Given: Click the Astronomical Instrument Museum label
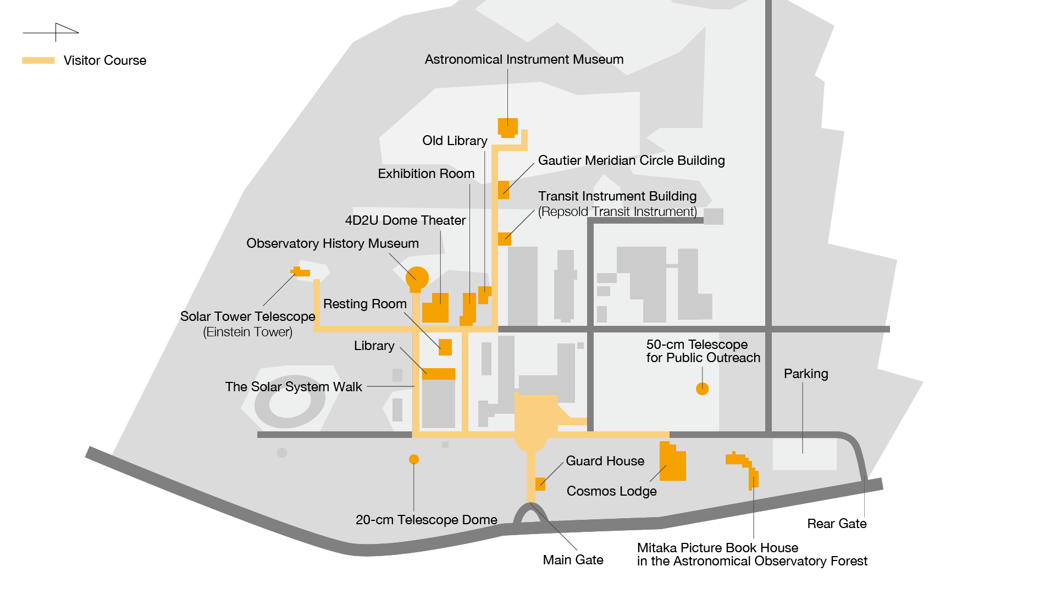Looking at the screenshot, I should [524, 59].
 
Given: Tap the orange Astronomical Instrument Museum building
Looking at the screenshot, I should [507, 127].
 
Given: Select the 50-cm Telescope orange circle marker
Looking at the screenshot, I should [702, 389].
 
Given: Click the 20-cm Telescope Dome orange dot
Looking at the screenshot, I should [414, 459].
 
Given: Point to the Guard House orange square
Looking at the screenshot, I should [540, 484].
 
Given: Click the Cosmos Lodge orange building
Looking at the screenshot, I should [673, 463].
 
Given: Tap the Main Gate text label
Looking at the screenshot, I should [573, 560].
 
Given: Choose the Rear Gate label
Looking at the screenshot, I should [837, 524].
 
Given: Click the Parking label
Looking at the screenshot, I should [806, 374].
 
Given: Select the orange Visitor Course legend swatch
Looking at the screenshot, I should [38, 60].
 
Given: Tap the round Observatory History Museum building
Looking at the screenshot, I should [417, 278].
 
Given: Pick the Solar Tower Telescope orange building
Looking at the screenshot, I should [300, 272].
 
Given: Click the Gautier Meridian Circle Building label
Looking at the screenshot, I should [631, 160].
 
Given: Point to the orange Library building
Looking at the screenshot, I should [438, 374].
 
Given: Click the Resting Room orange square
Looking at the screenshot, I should [445, 347].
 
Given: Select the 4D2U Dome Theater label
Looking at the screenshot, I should [405, 220].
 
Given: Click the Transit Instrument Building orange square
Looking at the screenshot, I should [505, 239].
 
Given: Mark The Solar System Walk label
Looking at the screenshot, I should [294, 387].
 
